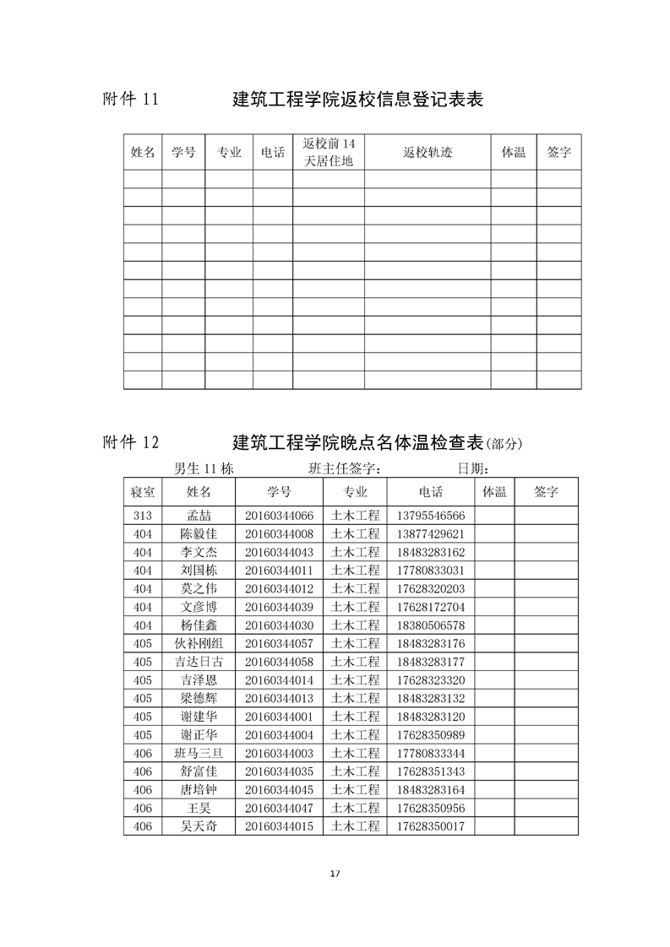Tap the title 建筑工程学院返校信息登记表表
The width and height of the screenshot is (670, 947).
[x=357, y=100]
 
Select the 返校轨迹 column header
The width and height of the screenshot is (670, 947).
[x=428, y=153]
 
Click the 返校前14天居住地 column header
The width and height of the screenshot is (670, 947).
[x=329, y=152]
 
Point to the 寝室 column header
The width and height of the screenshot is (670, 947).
[x=143, y=491]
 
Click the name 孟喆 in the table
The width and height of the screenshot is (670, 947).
[x=199, y=516]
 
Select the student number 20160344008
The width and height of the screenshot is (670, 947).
[x=279, y=534]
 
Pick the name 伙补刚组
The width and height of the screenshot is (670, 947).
[x=199, y=644]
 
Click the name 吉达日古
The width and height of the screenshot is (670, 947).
[x=199, y=662]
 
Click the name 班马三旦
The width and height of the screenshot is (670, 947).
[x=199, y=753]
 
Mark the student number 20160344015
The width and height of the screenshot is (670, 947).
[x=279, y=826]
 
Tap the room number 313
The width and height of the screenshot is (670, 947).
[x=143, y=516]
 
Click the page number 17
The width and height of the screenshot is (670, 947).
[x=335, y=873]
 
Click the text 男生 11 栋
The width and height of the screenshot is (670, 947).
[x=204, y=468]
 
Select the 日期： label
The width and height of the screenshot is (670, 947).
[x=474, y=468]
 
